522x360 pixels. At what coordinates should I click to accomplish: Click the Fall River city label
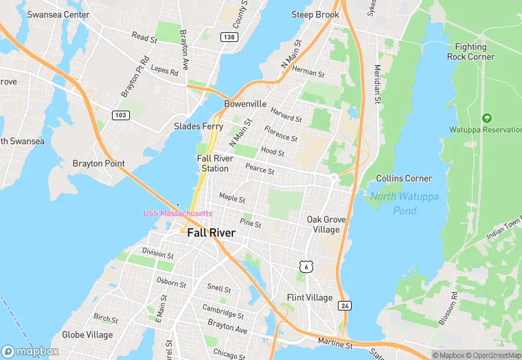tap(211, 233)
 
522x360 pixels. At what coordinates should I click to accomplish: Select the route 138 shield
tap(229, 36)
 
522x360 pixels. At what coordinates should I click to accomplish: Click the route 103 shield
tap(121, 115)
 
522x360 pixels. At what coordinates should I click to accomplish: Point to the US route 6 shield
tap(306, 265)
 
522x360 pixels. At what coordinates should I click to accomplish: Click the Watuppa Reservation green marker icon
tap(487, 118)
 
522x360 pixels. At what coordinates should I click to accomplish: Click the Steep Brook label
tap(315, 14)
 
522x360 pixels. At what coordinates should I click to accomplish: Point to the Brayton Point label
tap(99, 164)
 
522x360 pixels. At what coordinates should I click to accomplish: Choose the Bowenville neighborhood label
tap(245, 104)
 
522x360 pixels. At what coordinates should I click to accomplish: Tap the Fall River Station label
tap(213, 164)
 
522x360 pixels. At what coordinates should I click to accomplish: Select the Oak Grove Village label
tap(326, 224)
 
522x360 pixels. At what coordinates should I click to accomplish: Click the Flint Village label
tap(309, 297)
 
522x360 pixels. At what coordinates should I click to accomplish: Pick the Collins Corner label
tap(404, 178)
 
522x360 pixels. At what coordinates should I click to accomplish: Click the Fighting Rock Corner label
tap(470, 52)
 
